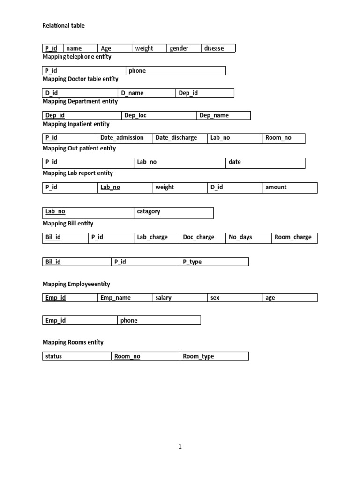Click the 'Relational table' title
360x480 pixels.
click(64, 26)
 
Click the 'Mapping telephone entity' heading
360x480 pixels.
click(77, 57)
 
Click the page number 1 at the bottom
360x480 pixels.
click(180, 447)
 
